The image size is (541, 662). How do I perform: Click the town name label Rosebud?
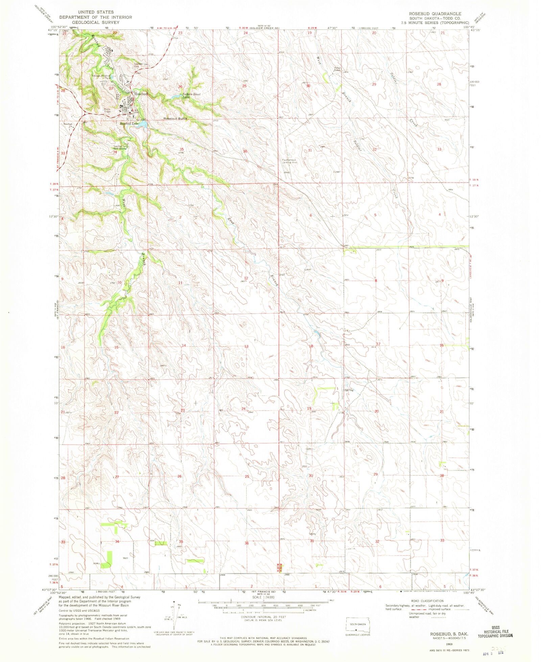point(141,94)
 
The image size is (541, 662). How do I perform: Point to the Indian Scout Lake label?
point(191,96)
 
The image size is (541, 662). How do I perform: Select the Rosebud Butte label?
point(175,119)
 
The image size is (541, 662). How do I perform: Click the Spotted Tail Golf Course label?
point(120,147)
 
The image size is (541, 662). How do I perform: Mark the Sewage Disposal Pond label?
point(101,76)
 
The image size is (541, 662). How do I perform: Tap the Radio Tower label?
point(108,110)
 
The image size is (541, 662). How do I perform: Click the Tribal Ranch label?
point(337,69)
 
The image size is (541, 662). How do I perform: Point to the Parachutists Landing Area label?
point(289,161)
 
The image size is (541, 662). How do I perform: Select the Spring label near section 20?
point(349,390)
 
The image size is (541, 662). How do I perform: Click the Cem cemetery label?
point(308,449)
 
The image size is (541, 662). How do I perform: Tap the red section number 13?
point(246,346)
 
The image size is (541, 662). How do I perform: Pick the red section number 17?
point(378,344)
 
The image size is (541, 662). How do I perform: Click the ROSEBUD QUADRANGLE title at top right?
point(435,14)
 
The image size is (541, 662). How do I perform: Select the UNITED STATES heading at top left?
point(96,12)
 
